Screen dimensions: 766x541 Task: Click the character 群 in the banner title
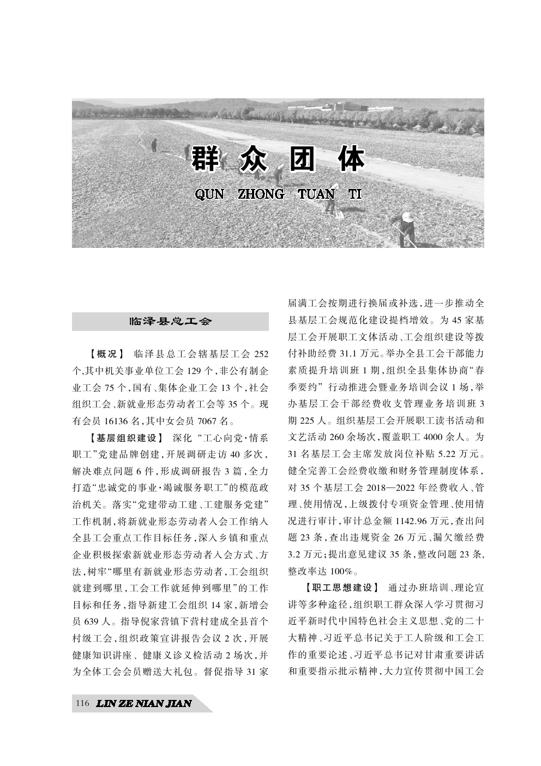pos(207,159)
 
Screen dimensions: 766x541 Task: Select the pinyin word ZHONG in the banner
pos(261,194)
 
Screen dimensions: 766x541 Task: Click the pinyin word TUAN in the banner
pos(316,194)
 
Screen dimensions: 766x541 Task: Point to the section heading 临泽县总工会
pos(170,321)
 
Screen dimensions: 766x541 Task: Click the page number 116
pos(83,703)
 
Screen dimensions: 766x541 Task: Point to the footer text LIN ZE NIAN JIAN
pos(143,703)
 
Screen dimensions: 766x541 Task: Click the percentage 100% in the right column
pos(341,572)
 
